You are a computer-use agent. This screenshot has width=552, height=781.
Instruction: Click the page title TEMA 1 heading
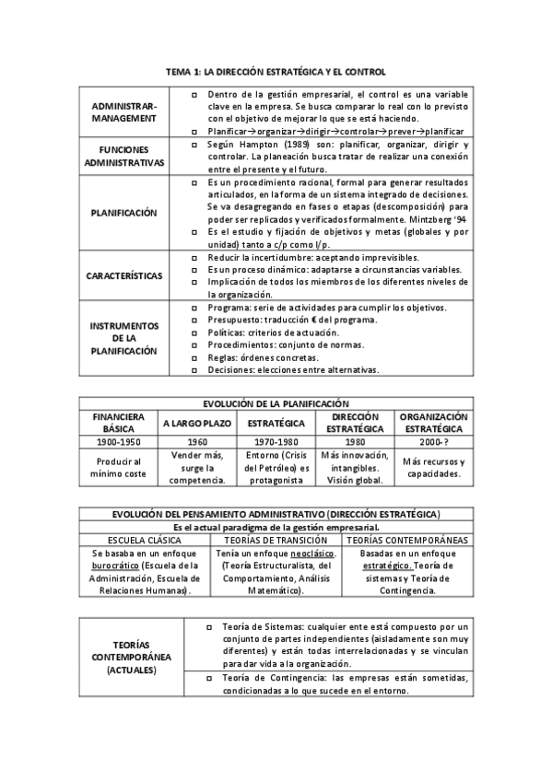[276, 71]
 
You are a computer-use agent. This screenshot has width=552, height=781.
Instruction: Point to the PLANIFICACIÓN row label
[124, 213]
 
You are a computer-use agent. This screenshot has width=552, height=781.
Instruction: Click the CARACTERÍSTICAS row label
[124, 275]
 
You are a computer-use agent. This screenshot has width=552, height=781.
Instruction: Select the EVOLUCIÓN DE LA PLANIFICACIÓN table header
[276, 403]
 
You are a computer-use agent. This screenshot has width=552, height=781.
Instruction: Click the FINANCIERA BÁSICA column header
[117, 423]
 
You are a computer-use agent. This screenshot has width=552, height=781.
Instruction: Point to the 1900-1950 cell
[117, 442]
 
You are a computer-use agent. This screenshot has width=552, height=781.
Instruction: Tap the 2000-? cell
[433, 442]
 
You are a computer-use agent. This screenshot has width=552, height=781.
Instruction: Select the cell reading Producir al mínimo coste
[117, 467]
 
